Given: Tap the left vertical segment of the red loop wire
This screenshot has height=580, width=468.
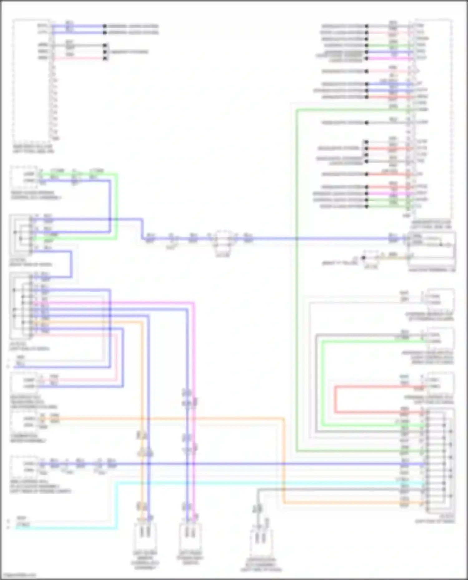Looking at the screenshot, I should tap(336, 400).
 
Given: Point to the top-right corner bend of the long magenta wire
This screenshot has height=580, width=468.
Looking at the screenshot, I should tap(193, 303).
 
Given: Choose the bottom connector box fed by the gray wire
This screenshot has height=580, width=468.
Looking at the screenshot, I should tap(261, 544).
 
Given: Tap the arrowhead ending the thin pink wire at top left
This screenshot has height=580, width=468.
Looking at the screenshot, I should tap(105, 58).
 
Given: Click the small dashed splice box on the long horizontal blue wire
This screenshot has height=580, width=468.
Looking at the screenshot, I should tap(223, 239).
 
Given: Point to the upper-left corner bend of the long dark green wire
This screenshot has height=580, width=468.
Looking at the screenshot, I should tap(297, 110).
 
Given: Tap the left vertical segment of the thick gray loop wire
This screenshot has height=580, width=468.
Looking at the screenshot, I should tap(316, 383).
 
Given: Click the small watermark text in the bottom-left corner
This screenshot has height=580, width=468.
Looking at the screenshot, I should tap(19, 575).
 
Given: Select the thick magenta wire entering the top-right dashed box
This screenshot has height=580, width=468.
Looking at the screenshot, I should tap(390, 58).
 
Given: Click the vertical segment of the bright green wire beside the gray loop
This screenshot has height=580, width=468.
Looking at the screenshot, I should tap(323, 383).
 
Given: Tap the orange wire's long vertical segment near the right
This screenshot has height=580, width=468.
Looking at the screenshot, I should tap(284, 461).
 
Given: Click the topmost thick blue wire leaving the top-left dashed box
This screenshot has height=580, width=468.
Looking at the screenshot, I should tap(78, 26).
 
